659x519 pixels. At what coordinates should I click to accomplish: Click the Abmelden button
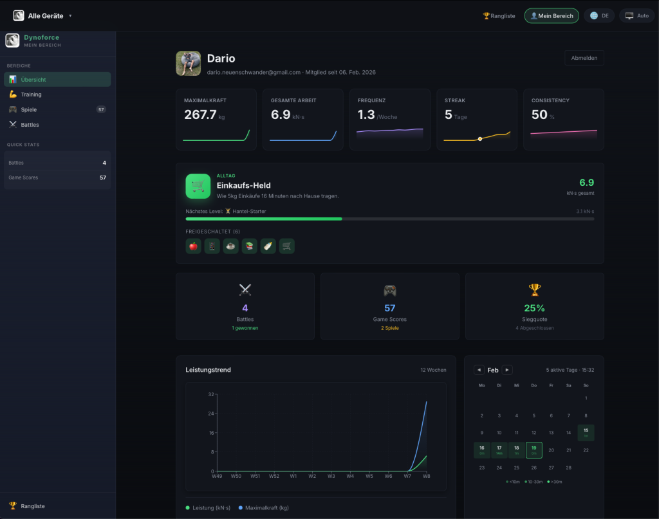[584, 58]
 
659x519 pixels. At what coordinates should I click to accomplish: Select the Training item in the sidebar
[31, 95]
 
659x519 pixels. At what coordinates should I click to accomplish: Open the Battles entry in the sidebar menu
[30, 125]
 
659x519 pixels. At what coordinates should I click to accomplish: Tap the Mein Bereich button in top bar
[552, 16]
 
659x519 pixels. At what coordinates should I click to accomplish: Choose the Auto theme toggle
[636, 16]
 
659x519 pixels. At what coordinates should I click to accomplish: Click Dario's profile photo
[188, 64]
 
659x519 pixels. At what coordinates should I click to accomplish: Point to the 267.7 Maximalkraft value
[200, 114]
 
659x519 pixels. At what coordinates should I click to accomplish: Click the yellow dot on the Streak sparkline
[479, 139]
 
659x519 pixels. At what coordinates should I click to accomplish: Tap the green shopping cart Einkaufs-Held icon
[198, 186]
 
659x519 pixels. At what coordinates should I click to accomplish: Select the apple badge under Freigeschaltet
[193, 246]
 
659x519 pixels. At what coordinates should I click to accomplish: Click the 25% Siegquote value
[534, 308]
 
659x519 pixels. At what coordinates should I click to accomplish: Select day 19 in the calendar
[534, 450]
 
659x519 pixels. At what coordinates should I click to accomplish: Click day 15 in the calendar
[586, 432]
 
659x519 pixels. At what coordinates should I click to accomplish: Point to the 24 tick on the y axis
[211, 414]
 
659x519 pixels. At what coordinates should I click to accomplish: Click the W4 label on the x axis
[350, 476]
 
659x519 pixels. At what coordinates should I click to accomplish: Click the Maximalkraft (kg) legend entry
[263, 508]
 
